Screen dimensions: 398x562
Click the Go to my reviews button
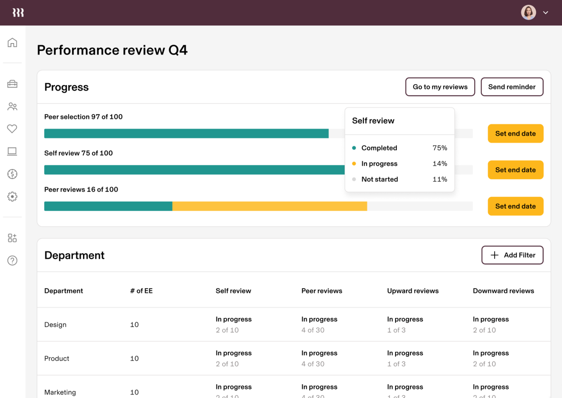tap(440, 87)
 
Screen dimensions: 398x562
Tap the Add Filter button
tap(512, 255)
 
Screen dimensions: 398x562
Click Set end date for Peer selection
tap(515, 133)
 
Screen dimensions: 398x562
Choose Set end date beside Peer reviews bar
tap(515, 206)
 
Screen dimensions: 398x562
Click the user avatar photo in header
tap(528, 13)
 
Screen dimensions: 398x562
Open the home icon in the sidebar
tap(12, 42)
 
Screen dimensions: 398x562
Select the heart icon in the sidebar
tap(12, 129)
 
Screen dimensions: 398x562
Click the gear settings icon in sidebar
tap(12, 196)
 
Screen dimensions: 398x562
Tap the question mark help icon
tap(12, 260)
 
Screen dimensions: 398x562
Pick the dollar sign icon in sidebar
tap(12, 174)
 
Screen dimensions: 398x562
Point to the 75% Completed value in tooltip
tap(440, 148)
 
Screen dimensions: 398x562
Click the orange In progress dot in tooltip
tap(354, 164)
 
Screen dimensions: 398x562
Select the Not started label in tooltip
tap(380, 179)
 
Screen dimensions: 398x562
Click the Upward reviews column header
tap(413, 291)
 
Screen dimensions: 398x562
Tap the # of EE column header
tap(141, 291)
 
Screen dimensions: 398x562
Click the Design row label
tap(55, 325)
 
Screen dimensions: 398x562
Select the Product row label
tap(57, 358)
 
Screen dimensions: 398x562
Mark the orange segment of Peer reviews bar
tap(270, 206)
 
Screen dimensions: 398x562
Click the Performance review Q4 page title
tap(112, 50)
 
